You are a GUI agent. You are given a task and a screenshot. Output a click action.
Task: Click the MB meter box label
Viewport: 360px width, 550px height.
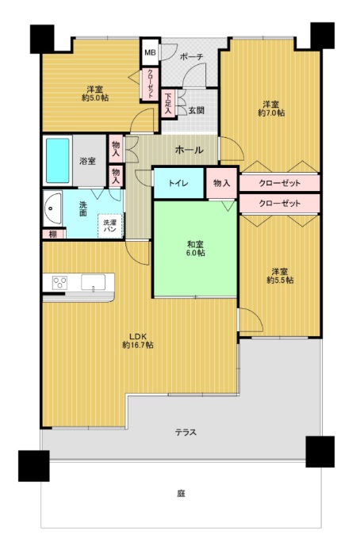coord(150,53)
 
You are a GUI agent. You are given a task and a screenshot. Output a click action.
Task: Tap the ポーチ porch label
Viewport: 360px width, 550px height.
coord(191,57)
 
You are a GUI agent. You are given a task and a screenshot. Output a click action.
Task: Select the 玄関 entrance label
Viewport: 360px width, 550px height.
coord(197,110)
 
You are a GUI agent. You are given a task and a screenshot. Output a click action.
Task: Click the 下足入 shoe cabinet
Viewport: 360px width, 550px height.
coord(168,103)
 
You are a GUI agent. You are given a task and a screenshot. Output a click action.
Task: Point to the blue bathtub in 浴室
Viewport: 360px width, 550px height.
coord(58,160)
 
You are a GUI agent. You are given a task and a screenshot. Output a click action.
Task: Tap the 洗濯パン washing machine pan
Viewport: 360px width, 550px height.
coord(110,226)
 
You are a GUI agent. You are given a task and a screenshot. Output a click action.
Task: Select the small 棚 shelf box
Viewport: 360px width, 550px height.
coord(54,234)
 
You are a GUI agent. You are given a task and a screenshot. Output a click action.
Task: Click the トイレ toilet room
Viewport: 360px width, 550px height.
coord(179,183)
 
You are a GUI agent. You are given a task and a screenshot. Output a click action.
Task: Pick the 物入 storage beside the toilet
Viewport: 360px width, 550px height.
coord(222,183)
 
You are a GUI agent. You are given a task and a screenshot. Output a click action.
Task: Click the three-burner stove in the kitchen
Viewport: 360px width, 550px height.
coord(59,283)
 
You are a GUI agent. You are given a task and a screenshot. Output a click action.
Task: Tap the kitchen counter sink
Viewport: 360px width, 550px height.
coord(93,282)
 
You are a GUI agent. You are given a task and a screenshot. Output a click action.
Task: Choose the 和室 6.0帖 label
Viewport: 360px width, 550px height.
coord(195,248)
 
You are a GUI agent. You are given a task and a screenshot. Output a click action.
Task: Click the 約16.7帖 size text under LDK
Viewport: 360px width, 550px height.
coord(138,345)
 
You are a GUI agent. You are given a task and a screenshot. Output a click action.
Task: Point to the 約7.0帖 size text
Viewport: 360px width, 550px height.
coord(271,113)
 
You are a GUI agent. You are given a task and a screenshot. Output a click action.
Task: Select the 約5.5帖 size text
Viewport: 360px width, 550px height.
coord(280,281)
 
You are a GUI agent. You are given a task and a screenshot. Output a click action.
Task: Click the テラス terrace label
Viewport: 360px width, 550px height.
coord(186,432)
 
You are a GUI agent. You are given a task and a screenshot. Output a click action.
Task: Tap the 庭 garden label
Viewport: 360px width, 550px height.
coord(181,494)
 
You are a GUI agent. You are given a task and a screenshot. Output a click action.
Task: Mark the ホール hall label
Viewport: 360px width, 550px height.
coord(190,150)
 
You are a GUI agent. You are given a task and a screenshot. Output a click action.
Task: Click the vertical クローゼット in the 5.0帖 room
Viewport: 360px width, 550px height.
coord(150,85)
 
